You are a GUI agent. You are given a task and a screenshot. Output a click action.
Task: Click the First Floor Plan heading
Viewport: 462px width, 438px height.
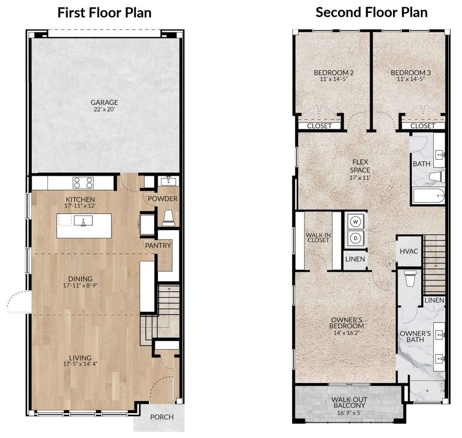coord(104,13)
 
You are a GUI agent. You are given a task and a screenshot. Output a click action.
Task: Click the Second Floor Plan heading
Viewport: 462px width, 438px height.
coord(371,12)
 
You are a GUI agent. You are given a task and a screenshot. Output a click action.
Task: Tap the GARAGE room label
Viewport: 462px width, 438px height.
coord(104,102)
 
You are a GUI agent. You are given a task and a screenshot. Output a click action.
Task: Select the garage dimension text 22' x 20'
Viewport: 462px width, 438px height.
coord(104,109)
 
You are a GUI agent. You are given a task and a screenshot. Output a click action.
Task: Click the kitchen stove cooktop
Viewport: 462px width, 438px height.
coord(83,183)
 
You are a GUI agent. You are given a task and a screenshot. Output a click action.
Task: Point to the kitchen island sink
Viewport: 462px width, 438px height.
coord(83,221)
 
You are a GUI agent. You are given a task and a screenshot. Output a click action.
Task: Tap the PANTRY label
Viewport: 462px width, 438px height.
coord(158,245)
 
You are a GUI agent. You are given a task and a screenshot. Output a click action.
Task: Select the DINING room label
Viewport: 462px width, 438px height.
coord(80,279)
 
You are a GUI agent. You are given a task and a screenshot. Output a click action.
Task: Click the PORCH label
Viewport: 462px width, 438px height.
coord(162,417)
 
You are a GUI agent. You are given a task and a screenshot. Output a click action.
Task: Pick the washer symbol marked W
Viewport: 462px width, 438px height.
coord(356,222)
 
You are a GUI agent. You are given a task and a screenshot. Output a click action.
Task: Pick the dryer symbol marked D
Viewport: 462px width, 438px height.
coord(356,238)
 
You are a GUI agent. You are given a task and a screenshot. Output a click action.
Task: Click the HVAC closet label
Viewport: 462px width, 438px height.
coord(409,251)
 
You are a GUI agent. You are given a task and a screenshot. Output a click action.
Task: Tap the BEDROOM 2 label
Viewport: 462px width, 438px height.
coord(334,72)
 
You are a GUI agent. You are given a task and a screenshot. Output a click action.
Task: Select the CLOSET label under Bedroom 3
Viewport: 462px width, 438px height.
coord(423,126)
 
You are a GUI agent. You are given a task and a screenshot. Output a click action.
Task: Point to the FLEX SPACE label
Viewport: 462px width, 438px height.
coord(360,166)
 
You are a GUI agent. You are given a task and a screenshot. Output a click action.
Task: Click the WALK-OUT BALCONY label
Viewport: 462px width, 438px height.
coord(349,403)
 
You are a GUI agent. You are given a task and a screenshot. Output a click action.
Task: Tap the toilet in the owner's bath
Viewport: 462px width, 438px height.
coord(410,278)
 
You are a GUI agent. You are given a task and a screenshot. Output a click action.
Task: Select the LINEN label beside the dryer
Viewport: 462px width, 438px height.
coord(355,259)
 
